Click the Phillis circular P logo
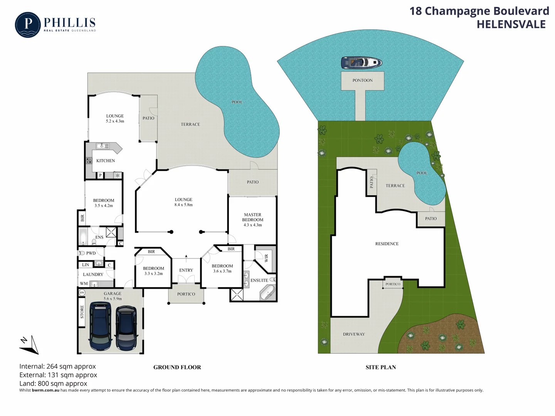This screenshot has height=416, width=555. pos(28,25)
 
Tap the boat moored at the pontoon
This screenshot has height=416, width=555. pos(361,62)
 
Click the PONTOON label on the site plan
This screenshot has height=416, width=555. pos(362,81)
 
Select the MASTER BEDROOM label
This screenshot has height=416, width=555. pos(252,217)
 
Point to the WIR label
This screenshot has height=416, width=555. pos(266,258)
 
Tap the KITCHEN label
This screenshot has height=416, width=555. pos(106,161)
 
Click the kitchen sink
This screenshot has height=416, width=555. pos(102,146)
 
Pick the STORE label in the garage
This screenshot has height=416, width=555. pos(82,312)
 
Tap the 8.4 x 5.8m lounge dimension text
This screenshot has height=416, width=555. pos(183,205)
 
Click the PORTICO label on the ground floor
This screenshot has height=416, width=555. pos(186,294)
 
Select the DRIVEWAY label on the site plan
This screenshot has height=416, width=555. pos(354,334)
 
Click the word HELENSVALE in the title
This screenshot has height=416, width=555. pos(511,24)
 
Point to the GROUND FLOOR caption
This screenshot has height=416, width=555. pos(177,367)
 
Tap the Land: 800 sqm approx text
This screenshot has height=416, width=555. pos(53,384)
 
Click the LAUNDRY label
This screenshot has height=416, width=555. pos(93,275)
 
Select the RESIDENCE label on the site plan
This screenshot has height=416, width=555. pos(387,244)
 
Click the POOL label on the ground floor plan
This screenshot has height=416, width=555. pos(237,102)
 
